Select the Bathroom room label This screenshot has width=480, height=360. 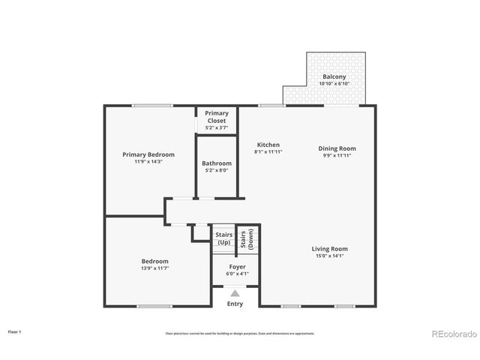[217, 163]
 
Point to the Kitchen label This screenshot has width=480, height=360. [268, 145]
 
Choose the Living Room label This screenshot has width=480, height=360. [330, 249]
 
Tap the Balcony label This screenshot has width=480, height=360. [334, 76]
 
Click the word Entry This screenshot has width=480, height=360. [235, 304]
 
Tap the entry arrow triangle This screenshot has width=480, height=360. [235, 294]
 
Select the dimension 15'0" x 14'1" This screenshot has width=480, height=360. [330, 256]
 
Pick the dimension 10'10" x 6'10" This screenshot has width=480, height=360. [334, 83]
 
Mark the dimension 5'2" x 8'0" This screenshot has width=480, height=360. [217, 169]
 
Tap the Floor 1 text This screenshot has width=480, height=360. [15, 331]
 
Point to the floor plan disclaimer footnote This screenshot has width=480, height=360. [240, 333]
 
